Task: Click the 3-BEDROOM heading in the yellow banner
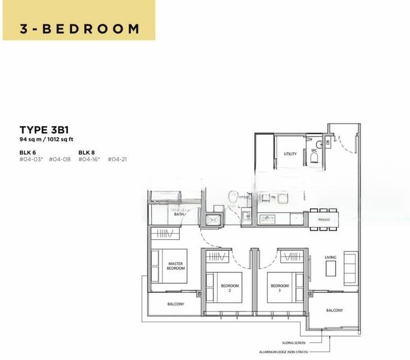pyautogui.click(x=79, y=28)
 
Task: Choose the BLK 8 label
pyautogui.click(x=87, y=152)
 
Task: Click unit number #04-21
pyautogui.click(x=117, y=160)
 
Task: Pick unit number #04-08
pyautogui.click(x=59, y=160)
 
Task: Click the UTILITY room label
pyautogui.click(x=290, y=154)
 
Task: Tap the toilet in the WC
pyautogui.click(x=314, y=157)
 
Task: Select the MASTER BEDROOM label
pyautogui.click(x=176, y=266)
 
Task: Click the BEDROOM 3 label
pyautogui.click(x=278, y=287)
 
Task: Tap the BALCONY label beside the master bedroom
pyautogui.click(x=174, y=304)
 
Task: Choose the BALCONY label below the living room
pyautogui.click(x=334, y=310)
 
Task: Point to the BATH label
pyautogui.click(x=179, y=214)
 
